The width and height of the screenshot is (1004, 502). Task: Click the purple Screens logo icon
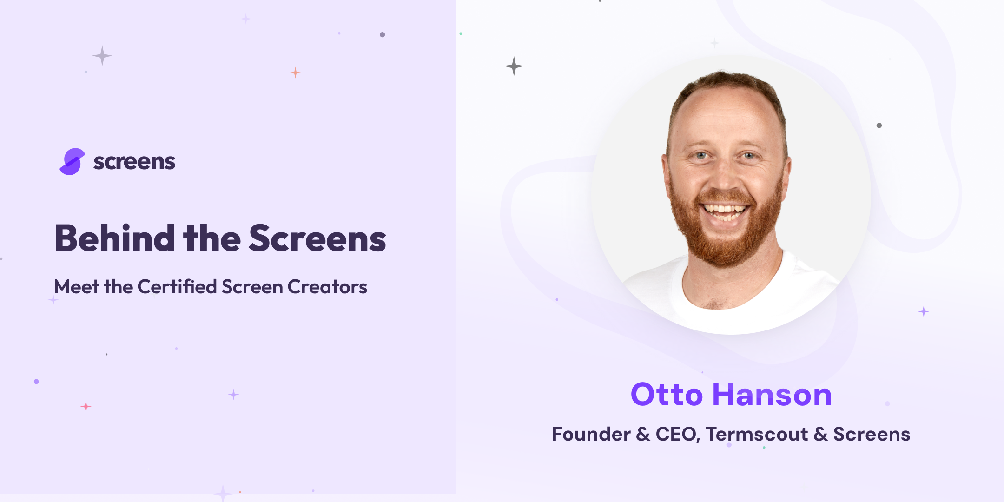[x=73, y=162]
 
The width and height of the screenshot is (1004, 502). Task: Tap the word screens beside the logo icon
[x=134, y=162]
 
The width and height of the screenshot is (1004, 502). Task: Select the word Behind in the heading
[x=115, y=238]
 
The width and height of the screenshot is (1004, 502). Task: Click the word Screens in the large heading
[x=317, y=238]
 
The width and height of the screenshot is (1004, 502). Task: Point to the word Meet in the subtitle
[x=77, y=287]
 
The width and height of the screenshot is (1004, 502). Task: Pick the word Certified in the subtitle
[x=177, y=287]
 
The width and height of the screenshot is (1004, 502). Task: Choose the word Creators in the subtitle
[x=327, y=287]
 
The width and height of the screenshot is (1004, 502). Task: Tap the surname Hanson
[x=772, y=395]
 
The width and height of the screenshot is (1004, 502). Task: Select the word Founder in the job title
[x=591, y=434]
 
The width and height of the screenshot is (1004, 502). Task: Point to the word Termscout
[x=757, y=434]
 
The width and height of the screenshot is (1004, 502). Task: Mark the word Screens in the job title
[x=872, y=434]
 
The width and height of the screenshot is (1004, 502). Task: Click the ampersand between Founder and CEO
[x=643, y=434]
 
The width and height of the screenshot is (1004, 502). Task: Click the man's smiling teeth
[x=724, y=210]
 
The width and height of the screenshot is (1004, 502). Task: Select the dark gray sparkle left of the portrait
[x=514, y=66]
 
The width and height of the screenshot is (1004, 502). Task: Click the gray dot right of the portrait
[x=879, y=125]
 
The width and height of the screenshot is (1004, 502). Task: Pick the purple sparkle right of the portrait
[x=924, y=311]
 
